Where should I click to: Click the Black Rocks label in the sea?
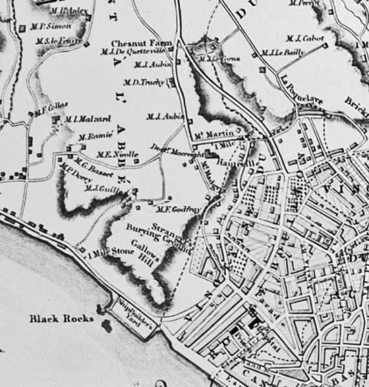[x=62, y=319]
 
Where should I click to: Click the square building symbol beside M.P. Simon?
[x=23, y=28]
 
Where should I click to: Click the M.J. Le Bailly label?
[x=282, y=53]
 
